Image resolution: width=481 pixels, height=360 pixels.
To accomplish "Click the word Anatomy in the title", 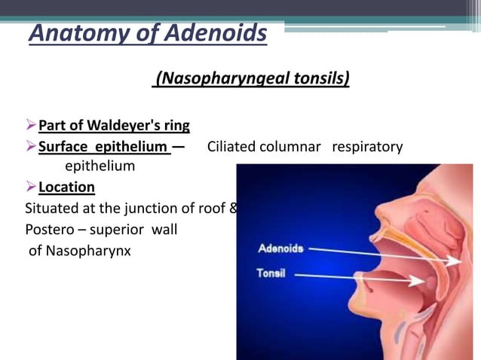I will [74, 34].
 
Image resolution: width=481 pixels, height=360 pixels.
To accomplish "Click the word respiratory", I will [368, 146].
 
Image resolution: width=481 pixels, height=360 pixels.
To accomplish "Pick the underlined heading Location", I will [66, 187].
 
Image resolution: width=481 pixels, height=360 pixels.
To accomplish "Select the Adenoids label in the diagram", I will [280, 248].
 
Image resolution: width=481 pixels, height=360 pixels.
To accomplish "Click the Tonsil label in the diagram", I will [271, 273].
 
